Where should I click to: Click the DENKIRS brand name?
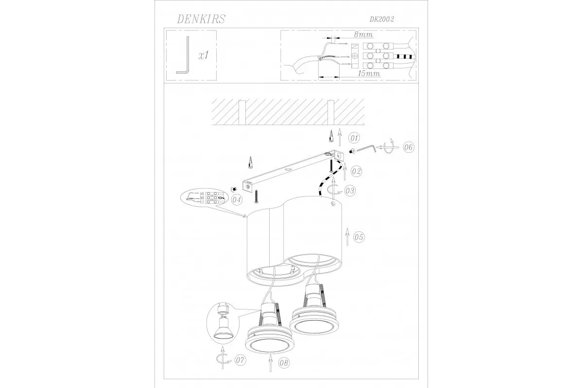(201, 19)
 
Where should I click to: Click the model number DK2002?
(382, 19)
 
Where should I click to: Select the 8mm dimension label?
(363, 34)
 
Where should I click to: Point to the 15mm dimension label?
(369, 74)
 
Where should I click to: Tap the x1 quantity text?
(203, 55)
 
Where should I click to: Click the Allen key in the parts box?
(183, 55)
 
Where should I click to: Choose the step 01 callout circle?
(354, 138)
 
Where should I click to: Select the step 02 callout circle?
(356, 172)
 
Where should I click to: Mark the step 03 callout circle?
(350, 191)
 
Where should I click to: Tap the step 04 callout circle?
(237, 200)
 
